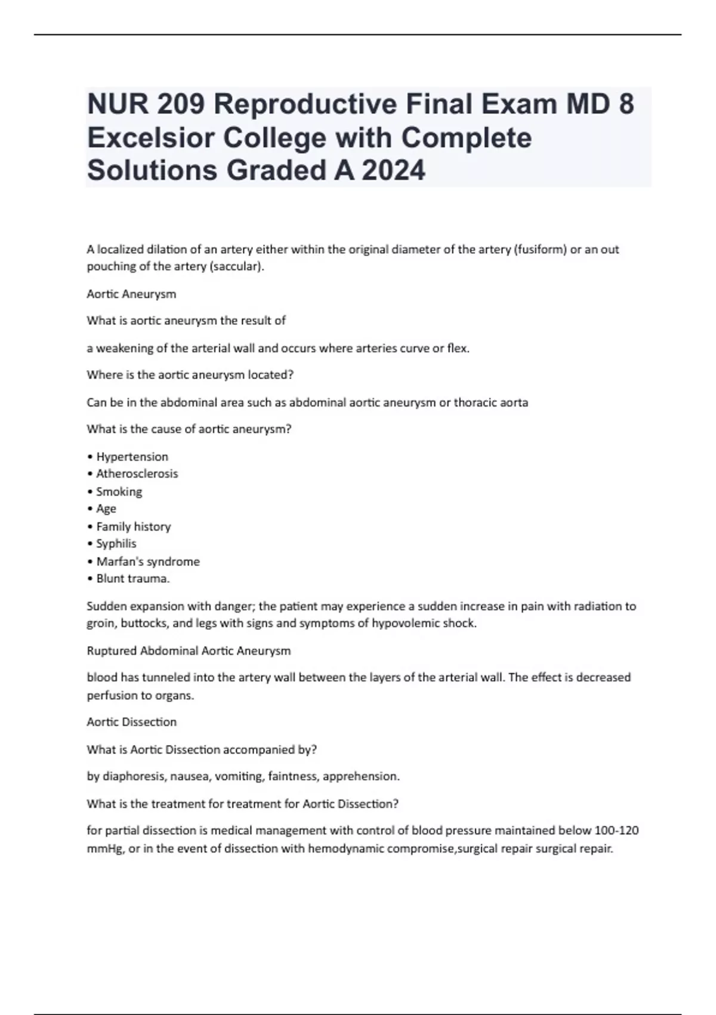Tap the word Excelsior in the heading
(150, 137)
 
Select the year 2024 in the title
(393, 170)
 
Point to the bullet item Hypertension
(132, 457)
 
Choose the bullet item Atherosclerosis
(137, 474)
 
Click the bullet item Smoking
(119, 492)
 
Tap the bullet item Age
(106, 509)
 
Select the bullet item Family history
(133, 527)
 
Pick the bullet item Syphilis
(116, 544)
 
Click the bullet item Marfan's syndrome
(148, 562)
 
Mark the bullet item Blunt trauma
(132, 579)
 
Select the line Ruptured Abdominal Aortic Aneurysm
(189, 651)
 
